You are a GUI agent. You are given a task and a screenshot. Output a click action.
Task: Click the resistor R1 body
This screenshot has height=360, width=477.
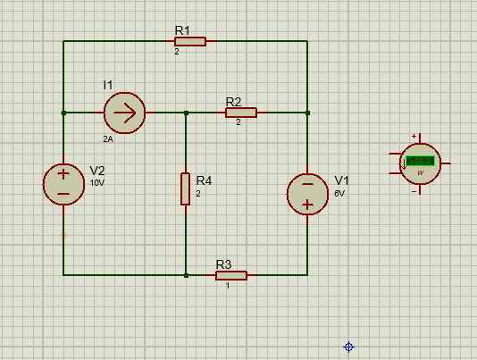[x=190, y=41]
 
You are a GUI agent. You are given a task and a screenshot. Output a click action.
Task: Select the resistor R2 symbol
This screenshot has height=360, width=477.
[x=240, y=113]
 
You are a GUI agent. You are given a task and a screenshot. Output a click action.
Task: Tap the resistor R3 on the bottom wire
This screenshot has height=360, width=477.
[x=230, y=275]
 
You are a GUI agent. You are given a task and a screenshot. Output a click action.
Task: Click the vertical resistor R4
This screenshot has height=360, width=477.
[x=186, y=188]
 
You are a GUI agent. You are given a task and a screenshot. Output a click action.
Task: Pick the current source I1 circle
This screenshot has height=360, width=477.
[x=124, y=113]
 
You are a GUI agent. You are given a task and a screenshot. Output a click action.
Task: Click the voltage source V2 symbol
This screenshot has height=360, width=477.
[x=63, y=184]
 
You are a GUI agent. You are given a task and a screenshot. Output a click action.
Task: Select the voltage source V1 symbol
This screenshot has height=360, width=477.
[x=306, y=194]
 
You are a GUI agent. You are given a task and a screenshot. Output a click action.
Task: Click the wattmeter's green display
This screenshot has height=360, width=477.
[x=419, y=162]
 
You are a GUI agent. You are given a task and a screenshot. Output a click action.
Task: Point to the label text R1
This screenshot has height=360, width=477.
[x=182, y=30]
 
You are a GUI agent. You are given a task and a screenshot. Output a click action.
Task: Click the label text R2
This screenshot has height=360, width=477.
[x=234, y=102]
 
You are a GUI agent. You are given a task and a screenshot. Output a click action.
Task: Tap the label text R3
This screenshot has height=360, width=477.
[x=223, y=264]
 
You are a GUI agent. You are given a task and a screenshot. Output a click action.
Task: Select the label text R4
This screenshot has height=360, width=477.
[x=204, y=180]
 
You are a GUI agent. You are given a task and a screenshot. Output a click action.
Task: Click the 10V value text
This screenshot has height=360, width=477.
[x=96, y=183]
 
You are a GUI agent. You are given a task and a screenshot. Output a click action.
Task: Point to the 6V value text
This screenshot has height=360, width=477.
[x=339, y=193]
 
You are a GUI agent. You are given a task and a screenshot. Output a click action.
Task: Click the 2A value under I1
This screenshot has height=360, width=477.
[x=108, y=139]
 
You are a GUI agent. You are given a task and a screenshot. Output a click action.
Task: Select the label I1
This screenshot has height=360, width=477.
[x=108, y=85]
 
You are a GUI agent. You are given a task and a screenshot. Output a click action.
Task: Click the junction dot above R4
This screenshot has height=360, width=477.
[x=186, y=113]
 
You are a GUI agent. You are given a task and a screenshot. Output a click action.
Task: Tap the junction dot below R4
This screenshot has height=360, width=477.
[x=186, y=275]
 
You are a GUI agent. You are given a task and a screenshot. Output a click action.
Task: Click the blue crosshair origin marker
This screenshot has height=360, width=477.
[x=349, y=347]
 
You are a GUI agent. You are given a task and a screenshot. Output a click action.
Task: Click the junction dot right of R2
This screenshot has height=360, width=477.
[x=307, y=113]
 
